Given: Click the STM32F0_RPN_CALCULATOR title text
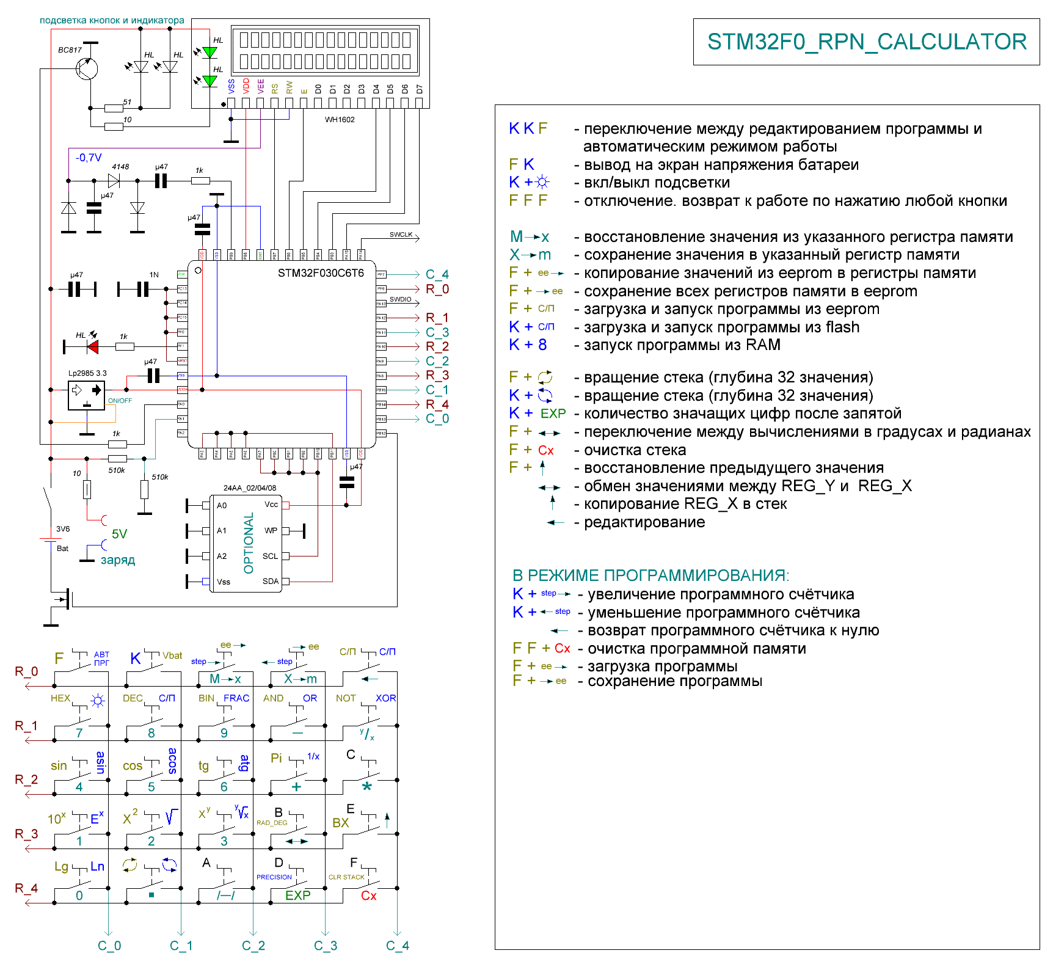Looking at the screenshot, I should tap(867, 42).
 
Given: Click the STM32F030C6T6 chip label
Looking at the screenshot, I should tap(321, 273).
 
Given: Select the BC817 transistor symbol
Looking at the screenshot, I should tap(87, 68).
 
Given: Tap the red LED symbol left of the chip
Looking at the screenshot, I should tap(93, 347).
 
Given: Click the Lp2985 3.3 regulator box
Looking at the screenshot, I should tap(86, 395).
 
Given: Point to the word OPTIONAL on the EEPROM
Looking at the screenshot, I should tap(249, 543).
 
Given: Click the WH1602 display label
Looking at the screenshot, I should tap(340, 120).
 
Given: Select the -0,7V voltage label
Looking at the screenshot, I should tap(89, 158).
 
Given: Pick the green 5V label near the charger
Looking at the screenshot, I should tap(119, 534).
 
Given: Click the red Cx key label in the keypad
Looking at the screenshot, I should tap(369, 896).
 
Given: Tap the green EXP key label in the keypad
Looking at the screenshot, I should tap(298, 896).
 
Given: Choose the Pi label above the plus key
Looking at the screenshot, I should tap(276, 758).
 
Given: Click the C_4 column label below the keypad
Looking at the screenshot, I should tap(397, 946).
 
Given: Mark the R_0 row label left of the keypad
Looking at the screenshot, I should tap(26, 671).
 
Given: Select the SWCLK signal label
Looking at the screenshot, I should tap(401, 235).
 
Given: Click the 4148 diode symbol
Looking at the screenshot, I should tap(114, 180).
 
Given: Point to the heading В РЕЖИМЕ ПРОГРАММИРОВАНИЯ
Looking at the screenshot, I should tap(650, 575).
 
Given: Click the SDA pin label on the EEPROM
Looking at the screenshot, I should tap(270, 582).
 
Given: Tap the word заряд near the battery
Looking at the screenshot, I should tap(118, 560).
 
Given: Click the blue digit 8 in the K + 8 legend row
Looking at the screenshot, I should tap(542, 345).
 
